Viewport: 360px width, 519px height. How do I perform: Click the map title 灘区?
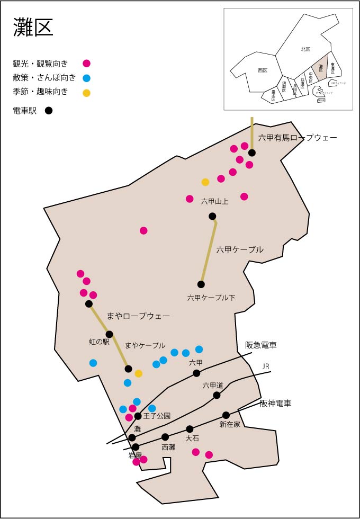[33, 28]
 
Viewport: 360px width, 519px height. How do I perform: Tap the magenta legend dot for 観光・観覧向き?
[87, 64]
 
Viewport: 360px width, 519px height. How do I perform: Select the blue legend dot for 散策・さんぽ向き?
[87, 78]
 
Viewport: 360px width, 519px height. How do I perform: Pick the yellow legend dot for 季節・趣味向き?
[87, 93]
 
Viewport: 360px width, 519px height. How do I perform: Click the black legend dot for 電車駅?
[49, 111]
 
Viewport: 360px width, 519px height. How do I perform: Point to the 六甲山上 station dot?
[212, 216]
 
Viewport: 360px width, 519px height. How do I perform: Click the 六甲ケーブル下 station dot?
[201, 284]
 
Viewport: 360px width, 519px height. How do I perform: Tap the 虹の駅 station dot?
[110, 334]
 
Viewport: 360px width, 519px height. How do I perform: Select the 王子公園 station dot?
[138, 416]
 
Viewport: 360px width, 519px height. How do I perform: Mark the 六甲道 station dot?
[217, 395]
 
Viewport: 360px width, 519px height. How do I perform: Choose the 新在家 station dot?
[226, 415]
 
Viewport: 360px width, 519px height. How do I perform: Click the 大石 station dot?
[190, 429]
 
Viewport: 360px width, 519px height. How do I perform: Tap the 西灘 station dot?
[165, 437]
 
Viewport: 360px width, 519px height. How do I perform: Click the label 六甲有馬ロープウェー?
[298, 138]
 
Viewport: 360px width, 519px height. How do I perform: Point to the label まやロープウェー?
[138, 316]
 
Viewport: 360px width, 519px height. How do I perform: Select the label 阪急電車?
[261, 345]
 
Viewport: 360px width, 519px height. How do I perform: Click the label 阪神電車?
[275, 404]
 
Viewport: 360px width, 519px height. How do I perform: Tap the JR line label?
[266, 366]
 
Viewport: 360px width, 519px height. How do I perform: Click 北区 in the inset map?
[305, 49]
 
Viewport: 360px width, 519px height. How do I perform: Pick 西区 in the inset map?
[263, 70]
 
